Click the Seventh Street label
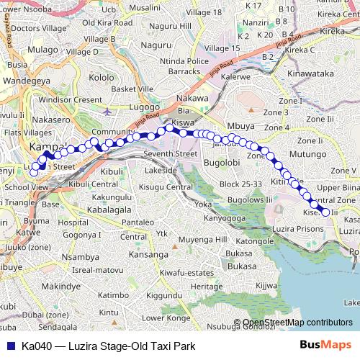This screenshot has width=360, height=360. pos(170,154)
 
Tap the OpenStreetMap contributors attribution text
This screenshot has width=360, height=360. pos(297,322)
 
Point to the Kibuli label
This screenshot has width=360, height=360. pos(112,172)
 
